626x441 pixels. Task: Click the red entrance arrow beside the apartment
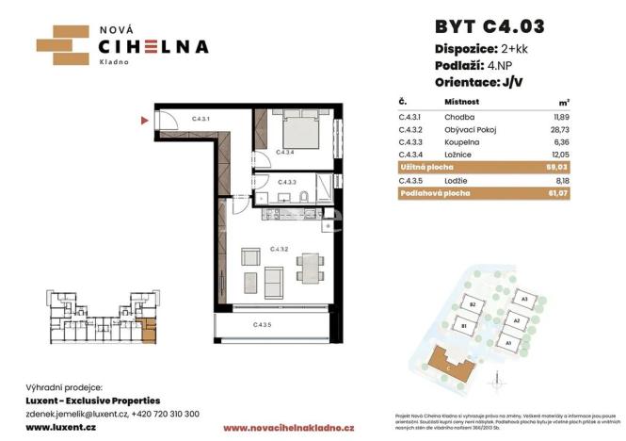click(144, 120)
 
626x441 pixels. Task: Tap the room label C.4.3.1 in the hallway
click(200, 120)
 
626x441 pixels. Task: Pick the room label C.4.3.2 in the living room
click(278, 250)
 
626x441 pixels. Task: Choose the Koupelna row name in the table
click(459, 140)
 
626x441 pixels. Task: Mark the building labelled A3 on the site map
click(522, 299)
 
